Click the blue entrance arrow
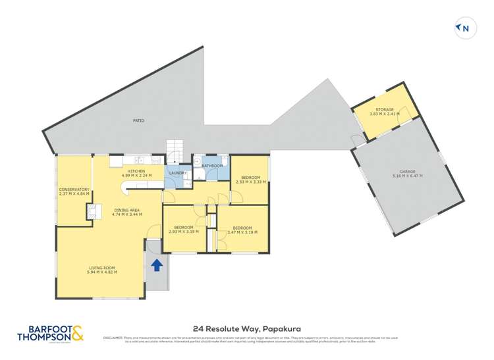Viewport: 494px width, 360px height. click(x=157, y=265)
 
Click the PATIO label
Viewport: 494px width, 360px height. click(x=138, y=120)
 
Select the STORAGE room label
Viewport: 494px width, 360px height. click(x=385, y=109)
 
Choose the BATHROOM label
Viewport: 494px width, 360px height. click(x=212, y=166)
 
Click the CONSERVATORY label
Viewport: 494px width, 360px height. click(x=74, y=190)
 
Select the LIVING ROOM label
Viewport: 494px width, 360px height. click(x=101, y=267)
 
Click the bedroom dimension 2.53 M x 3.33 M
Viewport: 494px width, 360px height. click(x=250, y=182)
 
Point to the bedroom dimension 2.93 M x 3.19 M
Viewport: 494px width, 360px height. click(x=184, y=232)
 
